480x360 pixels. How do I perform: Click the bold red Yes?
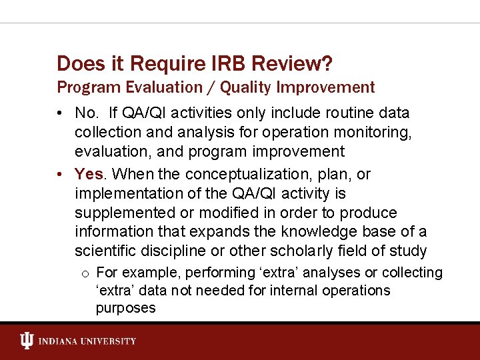coord(89,174)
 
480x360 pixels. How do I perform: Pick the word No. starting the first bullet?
coord(87,113)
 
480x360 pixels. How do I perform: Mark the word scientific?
coord(109,251)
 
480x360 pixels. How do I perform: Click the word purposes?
coord(125,308)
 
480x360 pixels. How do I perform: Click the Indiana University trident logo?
coord(27,341)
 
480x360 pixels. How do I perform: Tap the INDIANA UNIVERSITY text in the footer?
coord(87,341)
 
